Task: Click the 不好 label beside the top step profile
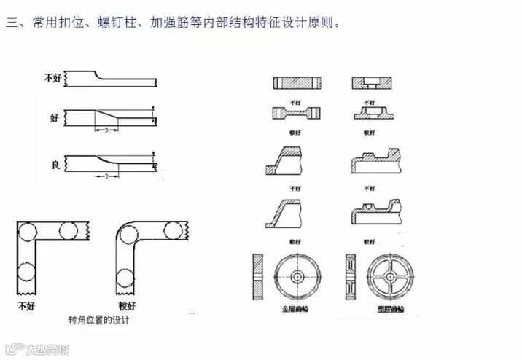click(53, 77)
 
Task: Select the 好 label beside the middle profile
click(54, 117)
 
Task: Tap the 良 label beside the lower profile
click(54, 162)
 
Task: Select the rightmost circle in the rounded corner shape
click(174, 231)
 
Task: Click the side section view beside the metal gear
click(257, 278)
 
